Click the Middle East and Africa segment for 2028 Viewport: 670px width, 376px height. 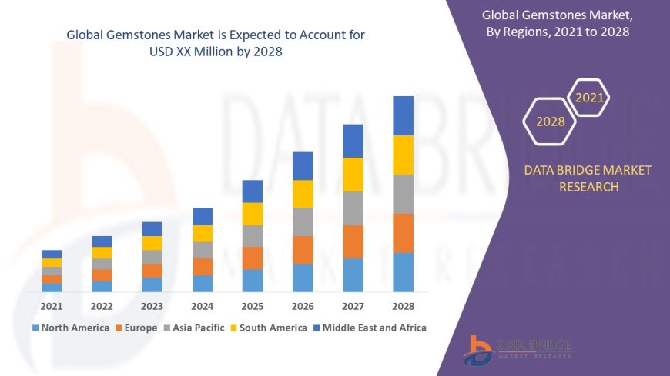pos(403,115)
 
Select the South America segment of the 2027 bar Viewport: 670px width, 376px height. pos(353,174)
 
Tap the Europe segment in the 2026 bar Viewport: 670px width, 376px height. pos(303,249)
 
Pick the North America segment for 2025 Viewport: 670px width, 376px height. pos(253,280)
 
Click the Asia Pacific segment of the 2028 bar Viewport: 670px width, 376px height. pos(403,194)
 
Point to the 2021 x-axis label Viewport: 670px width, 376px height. pos(52,305)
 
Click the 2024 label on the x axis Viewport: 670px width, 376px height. pos(203,305)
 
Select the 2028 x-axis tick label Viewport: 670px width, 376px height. pos(403,305)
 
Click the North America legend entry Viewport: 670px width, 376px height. pos(70,328)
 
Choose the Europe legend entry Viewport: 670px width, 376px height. pos(138,328)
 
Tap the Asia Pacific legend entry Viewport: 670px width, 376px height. pos(193,328)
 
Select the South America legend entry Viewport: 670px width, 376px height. pos(269,328)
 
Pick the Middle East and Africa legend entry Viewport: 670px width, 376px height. pos(369,328)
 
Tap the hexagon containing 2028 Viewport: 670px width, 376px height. pos(551,121)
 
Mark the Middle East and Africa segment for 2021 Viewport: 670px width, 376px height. pos(52,254)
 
